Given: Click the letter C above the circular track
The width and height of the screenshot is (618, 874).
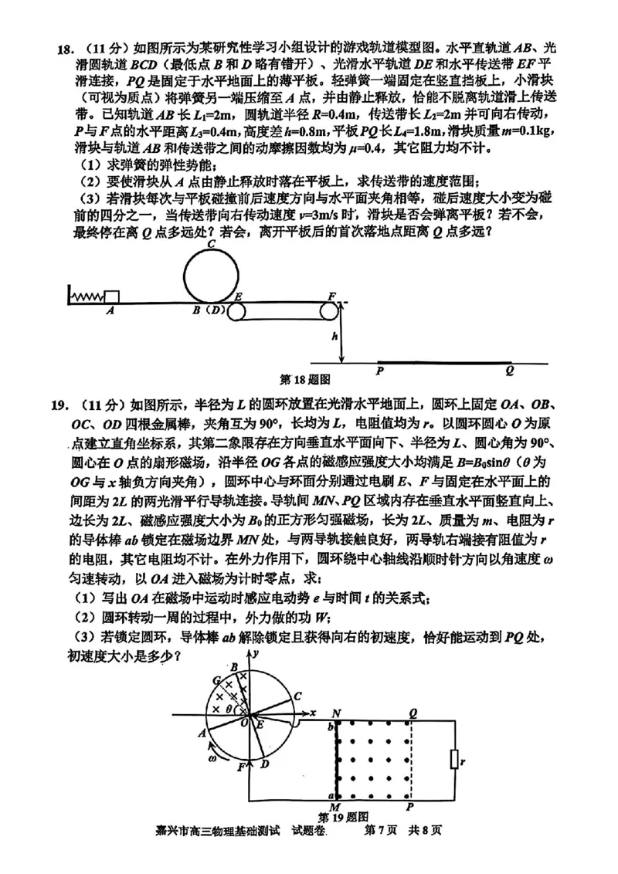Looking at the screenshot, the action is pos(210,243).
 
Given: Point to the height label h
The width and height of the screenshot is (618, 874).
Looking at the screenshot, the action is pos(334,337).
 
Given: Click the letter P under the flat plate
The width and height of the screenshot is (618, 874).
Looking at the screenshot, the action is pos(380,371).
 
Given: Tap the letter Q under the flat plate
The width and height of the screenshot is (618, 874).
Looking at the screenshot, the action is pos(510,371).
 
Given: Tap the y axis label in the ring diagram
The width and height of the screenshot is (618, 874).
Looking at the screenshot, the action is pos(261,654).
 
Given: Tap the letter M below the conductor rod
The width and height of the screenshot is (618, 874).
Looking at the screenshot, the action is pos(335,808).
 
